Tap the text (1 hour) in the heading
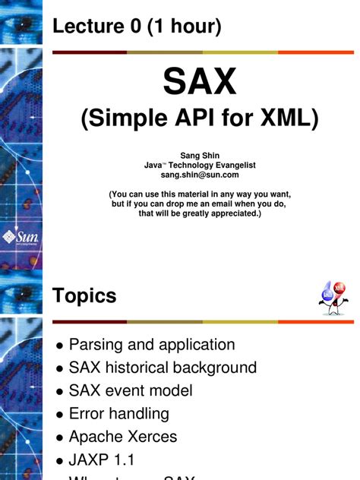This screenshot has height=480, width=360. [x=186, y=27]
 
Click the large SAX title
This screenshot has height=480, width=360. [x=200, y=82]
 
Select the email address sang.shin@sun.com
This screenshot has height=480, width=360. [x=199, y=175]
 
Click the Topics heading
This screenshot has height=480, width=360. [x=84, y=296]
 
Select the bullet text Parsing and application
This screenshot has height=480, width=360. [x=152, y=345]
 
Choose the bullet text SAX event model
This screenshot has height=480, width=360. [x=131, y=391]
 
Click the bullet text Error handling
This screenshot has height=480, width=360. [x=118, y=414]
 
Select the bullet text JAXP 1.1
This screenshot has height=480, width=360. [x=102, y=459]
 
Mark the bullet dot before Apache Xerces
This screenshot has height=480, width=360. [x=59, y=438]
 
